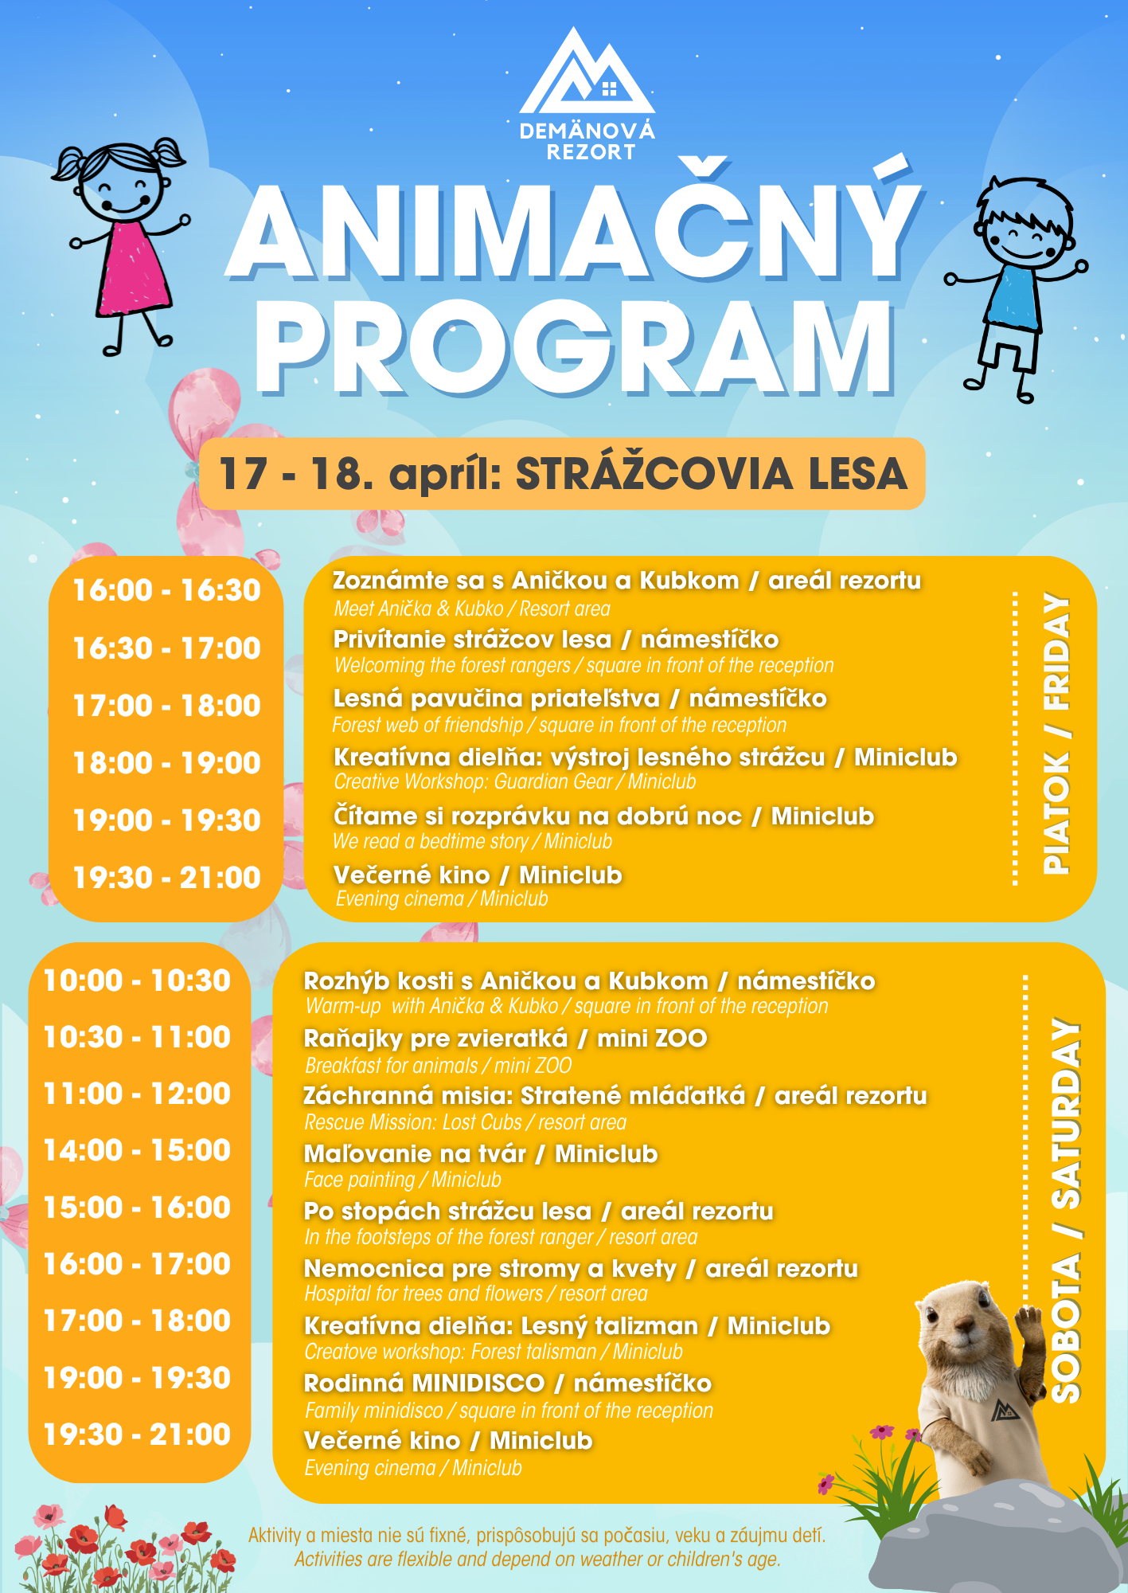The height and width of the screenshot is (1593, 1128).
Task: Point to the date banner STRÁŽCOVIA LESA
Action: point(562,474)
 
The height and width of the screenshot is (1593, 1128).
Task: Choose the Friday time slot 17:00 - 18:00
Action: point(166,706)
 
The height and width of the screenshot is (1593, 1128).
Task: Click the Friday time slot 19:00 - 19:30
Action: point(166,820)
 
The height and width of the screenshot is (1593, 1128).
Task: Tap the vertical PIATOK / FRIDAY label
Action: point(1057,733)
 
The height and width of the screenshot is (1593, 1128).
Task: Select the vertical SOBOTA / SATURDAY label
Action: point(1067,1211)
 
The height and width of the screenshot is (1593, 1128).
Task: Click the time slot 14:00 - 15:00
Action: point(137,1150)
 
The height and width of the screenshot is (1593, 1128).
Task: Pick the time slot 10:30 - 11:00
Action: point(137,1037)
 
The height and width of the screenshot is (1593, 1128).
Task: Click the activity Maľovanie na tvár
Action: point(415,1153)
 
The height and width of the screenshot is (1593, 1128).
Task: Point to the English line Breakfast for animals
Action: point(391,1066)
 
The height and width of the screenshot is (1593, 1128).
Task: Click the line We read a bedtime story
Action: point(431,842)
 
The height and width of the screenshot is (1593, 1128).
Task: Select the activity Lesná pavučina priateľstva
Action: point(497,699)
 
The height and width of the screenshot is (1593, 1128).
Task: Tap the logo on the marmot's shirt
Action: point(1005,1412)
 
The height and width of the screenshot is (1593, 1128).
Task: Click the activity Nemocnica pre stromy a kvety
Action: point(490,1268)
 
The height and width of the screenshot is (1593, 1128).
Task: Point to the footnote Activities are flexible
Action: point(537,1559)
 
